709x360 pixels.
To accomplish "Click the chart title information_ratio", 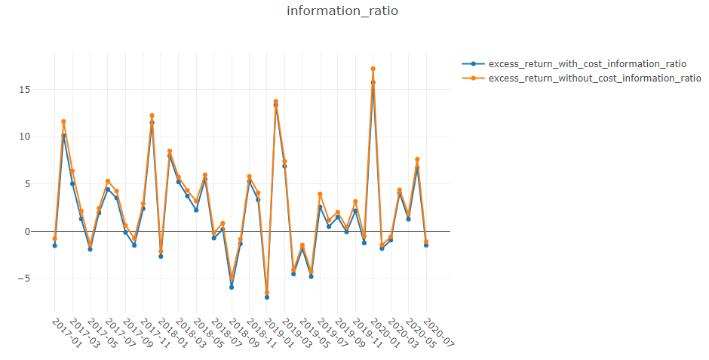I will tap(342, 11).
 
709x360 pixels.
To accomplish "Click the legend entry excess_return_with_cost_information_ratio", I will tap(587, 63).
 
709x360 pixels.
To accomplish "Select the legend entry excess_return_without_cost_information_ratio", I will tap(594, 78).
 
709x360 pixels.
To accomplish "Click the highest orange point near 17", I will tap(373, 69).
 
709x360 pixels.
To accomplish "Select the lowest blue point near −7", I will tap(267, 297).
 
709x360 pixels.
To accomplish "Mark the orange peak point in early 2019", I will tap(275, 101).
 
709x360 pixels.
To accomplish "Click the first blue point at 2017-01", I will tap(54, 245).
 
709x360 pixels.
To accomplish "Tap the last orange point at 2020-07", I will tap(426, 242).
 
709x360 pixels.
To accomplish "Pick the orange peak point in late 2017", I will tap(152, 115).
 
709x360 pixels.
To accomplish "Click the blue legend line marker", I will tap(473, 63).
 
